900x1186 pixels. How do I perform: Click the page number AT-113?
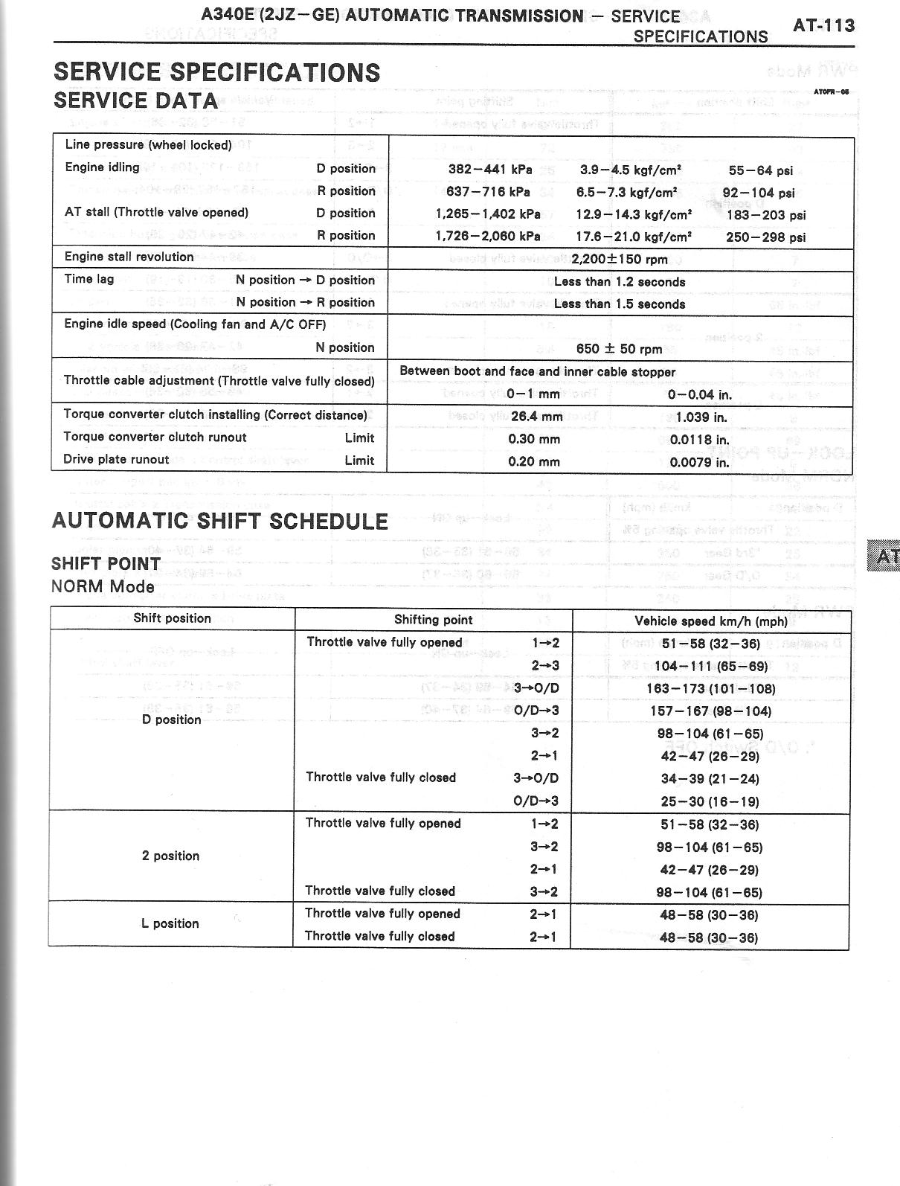click(823, 25)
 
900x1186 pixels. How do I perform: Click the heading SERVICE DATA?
click(135, 100)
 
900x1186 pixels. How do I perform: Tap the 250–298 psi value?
click(765, 238)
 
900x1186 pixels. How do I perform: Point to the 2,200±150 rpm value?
click(619, 260)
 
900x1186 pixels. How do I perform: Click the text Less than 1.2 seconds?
click(619, 282)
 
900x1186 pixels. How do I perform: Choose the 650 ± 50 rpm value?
click(619, 349)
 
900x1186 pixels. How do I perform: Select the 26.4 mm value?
click(536, 417)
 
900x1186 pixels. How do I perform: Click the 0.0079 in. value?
click(699, 462)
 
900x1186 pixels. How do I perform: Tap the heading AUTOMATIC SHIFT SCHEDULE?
click(220, 521)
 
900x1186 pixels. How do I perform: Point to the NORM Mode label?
click(103, 586)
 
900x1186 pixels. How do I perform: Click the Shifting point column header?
click(433, 620)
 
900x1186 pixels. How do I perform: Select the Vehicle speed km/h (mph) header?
click(710, 621)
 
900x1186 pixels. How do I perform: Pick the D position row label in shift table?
click(171, 719)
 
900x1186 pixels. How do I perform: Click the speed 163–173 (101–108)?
click(710, 689)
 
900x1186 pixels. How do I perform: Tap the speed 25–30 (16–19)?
click(710, 802)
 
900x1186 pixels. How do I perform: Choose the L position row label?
click(170, 923)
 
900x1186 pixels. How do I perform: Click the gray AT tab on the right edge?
click(884, 556)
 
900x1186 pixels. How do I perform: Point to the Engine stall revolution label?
click(129, 257)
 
